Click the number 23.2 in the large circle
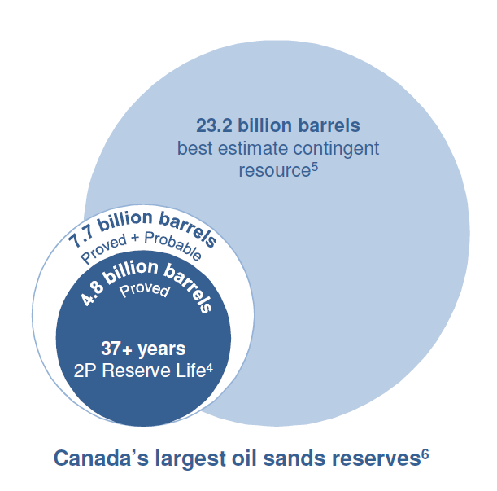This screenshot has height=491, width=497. (x=215, y=125)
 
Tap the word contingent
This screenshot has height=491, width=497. (x=336, y=149)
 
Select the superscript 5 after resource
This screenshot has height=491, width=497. (x=314, y=167)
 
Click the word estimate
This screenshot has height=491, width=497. (x=253, y=148)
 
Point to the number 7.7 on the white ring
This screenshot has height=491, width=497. (x=81, y=238)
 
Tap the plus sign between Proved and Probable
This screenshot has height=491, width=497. (x=135, y=237)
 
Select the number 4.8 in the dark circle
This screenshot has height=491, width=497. (x=92, y=296)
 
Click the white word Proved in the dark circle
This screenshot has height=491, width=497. (x=145, y=290)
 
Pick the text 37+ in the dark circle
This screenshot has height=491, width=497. (x=116, y=349)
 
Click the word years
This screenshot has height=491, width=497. (x=162, y=349)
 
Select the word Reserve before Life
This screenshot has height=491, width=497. (x=137, y=370)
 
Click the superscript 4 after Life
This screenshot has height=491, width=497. (x=210, y=368)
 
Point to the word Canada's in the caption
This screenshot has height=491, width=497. (x=102, y=458)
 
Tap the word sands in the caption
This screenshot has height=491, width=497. (x=294, y=458)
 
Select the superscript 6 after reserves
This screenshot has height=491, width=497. (x=425, y=454)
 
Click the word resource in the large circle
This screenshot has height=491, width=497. (x=274, y=171)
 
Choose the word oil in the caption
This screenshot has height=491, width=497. (x=244, y=458)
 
